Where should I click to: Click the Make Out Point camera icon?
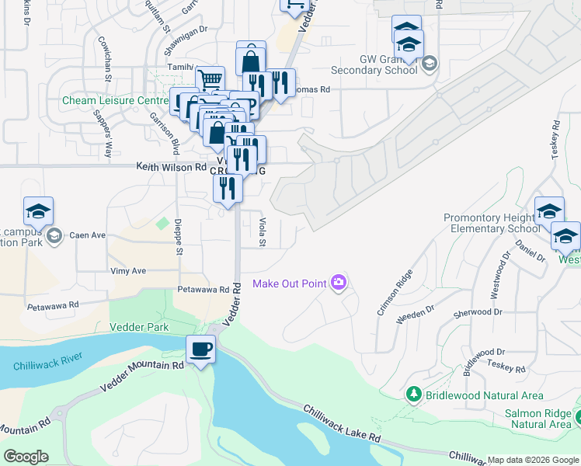coord(338,283)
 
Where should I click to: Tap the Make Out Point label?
coord(290,283)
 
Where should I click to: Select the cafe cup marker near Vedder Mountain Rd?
coord(201,350)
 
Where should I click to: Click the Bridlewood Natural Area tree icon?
coord(413,395)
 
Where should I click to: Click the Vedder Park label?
coord(139,327)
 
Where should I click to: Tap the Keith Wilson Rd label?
coord(171,167)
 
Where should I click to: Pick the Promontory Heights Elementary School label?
coord(491,223)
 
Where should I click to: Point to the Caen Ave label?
coord(87,235)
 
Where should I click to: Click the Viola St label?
coord(262,232)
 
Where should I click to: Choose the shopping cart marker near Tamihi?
coord(210,79)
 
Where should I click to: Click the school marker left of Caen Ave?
coord(38,211)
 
